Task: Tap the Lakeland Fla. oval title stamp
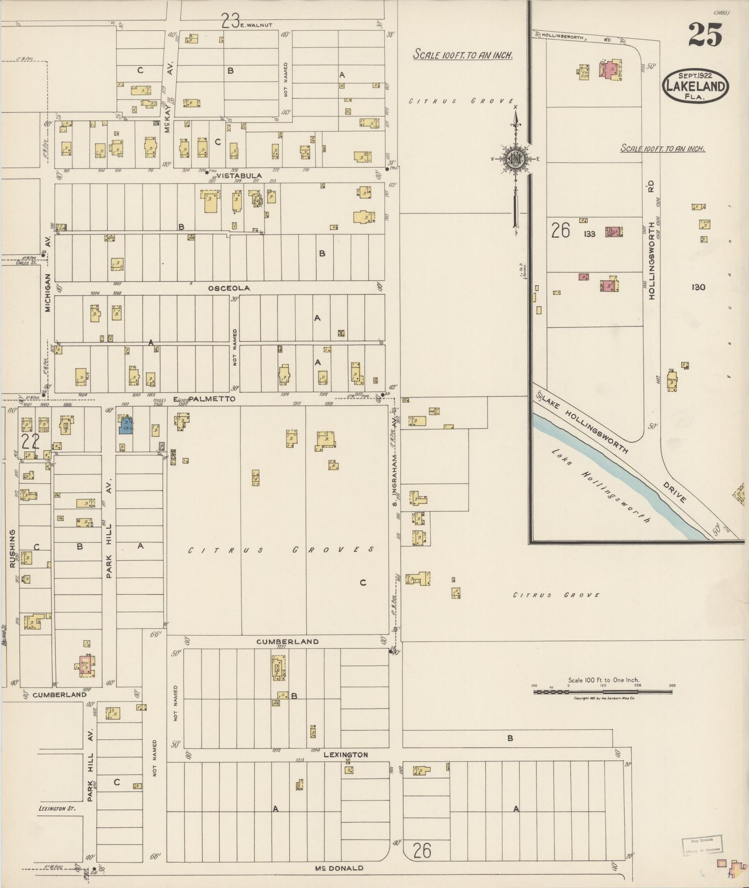[695, 86]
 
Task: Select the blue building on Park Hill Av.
[126, 425]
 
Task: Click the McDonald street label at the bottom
[340, 868]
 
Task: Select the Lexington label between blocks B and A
[346, 755]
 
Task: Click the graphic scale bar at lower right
[604, 691]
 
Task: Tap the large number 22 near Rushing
[31, 442]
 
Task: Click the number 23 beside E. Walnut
[230, 21]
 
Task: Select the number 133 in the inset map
[589, 234]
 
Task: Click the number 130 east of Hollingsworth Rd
[698, 287]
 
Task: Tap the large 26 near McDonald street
[422, 850]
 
